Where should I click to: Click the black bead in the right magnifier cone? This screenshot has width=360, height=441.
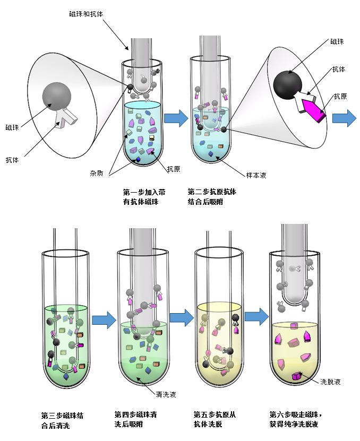[287, 83]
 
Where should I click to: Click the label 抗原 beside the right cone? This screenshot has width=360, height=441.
[341, 97]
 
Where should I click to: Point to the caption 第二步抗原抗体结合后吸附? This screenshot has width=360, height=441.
[212, 196]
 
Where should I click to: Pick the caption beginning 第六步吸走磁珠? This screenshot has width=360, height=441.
[296, 419]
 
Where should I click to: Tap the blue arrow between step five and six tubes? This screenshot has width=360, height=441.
[257, 317]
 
